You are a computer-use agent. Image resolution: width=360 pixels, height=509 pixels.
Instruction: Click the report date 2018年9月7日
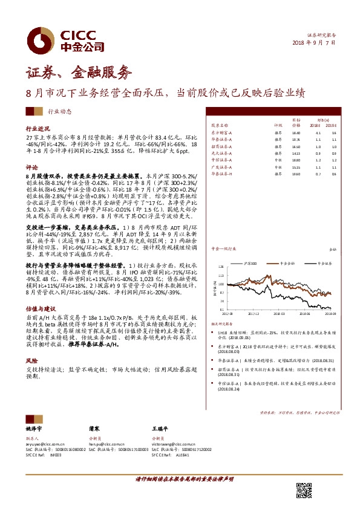click(313, 42)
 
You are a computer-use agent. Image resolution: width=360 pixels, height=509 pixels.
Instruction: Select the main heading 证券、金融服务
click(79, 73)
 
